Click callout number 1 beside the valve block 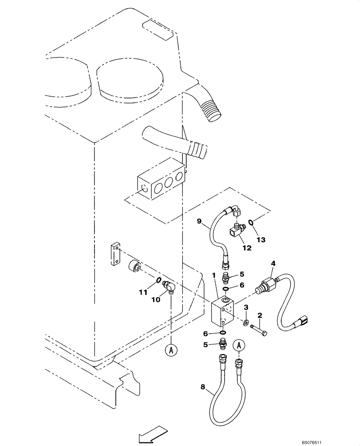click(214, 276)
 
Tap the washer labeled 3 click(246, 321)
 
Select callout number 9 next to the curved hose click(199, 220)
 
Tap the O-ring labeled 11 click(158, 280)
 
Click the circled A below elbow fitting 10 click(171, 350)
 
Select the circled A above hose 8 click(240, 345)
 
